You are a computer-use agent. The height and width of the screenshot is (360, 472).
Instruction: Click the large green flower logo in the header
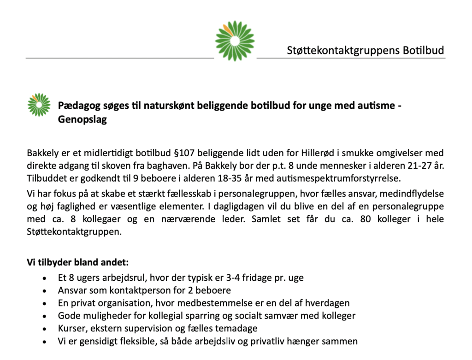click(x=235, y=41)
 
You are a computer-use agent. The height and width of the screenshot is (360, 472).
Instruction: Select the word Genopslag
click(x=83, y=120)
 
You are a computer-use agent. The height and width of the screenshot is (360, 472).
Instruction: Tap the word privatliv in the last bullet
click(x=277, y=342)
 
